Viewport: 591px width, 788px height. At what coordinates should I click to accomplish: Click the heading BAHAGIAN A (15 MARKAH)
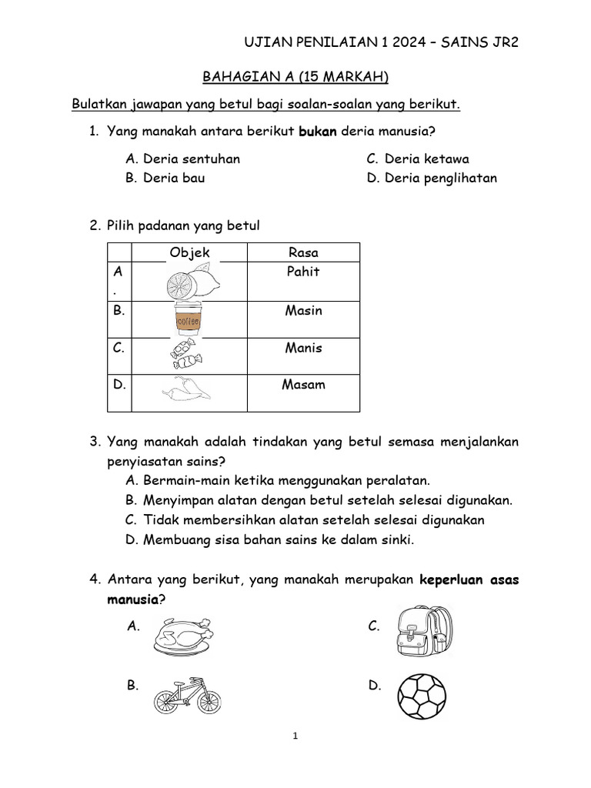point(295,76)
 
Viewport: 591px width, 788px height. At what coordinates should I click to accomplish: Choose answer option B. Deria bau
point(165,178)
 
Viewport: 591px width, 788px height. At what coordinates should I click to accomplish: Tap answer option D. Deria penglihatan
point(432,178)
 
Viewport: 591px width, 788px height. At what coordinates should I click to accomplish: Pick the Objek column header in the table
point(189,252)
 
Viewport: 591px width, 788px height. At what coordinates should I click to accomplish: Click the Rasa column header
point(303,252)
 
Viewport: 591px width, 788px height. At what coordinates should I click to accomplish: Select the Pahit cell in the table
point(303,272)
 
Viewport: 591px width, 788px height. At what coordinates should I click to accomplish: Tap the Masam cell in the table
point(303,384)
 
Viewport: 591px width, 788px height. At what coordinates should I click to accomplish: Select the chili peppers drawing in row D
point(187,391)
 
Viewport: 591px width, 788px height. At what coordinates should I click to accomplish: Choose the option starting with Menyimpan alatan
point(319,500)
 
